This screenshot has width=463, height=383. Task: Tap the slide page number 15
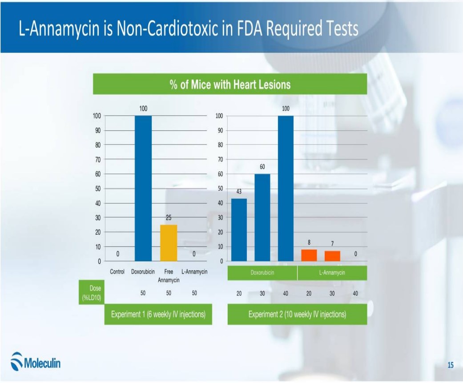click(450, 365)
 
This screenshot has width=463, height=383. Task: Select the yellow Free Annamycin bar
click(169, 242)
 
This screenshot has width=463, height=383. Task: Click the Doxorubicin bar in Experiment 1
click(143, 188)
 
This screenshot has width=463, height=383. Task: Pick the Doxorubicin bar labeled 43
click(239, 230)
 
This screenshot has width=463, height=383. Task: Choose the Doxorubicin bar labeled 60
click(262, 217)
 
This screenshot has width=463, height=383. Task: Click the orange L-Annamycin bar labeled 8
click(309, 255)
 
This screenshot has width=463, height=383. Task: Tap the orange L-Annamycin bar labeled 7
click(332, 256)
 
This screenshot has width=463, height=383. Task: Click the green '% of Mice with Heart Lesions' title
click(229, 84)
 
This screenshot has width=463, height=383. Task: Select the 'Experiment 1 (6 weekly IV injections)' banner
click(158, 314)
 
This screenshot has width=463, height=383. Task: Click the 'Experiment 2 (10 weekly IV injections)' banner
click(297, 314)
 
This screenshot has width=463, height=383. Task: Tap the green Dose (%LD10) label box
click(92, 292)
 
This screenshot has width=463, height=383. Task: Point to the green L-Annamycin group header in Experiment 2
click(332, 273)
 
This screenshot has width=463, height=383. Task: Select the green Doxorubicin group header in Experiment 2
click(262, 273)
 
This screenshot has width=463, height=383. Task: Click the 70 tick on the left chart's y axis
click(97, 159)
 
